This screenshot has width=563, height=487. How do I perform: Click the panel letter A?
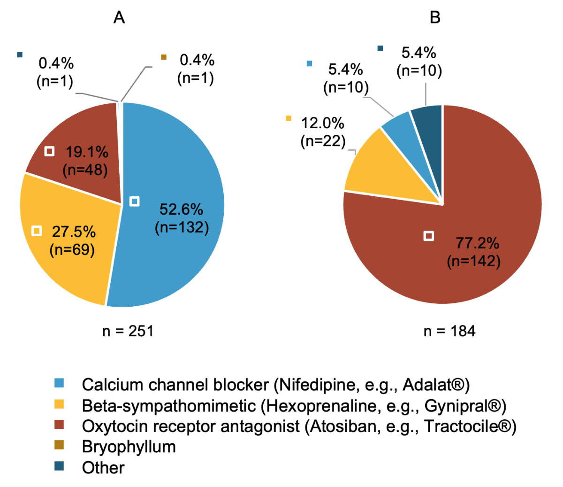(119, 18)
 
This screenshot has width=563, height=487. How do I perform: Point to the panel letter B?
(435, 18)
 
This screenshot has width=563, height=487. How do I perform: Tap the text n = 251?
(128, 331)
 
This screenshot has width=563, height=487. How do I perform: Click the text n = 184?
(449, 331)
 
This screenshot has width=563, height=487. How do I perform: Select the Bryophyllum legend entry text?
(129, 447)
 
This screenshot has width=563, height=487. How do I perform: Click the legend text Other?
(103, 468)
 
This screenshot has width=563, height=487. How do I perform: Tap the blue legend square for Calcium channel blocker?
(59, 384)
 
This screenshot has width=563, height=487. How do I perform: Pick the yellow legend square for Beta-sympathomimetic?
(59, 404)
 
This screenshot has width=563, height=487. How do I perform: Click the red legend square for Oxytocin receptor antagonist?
(59, 425)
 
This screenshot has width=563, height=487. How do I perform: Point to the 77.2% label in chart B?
(477, 243)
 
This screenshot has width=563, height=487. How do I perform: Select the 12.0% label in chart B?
(322, 123)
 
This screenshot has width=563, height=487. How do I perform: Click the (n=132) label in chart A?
(182, 227)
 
